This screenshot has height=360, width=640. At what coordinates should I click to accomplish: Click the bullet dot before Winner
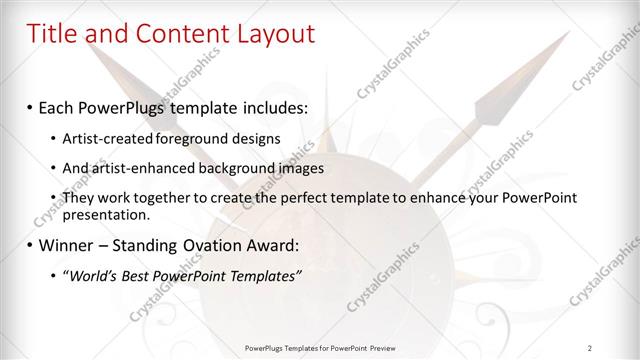point(30,244)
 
